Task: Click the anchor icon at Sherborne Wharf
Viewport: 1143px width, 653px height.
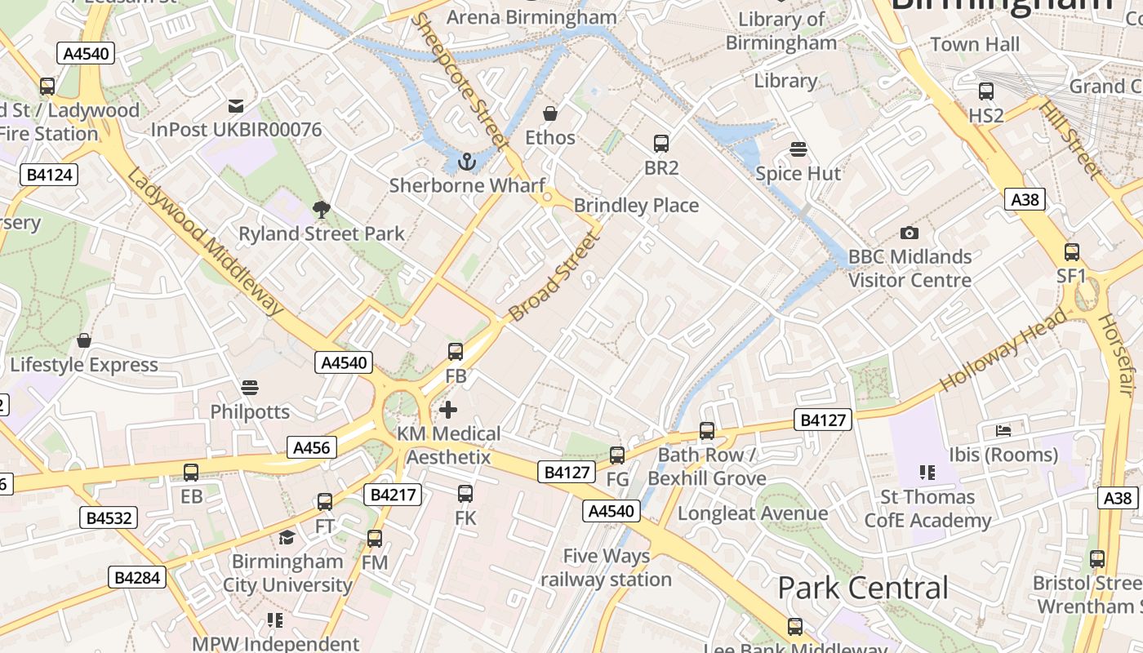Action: click(x=466, y=162)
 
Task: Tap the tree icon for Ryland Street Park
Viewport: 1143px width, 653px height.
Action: click(x=322, y=210)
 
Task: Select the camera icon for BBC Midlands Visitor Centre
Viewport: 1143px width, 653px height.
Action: click(x=909, y=233)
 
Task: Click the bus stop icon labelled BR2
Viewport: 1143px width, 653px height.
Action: click(x=661, y=144)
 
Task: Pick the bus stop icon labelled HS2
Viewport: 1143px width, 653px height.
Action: click(x=985, y=91)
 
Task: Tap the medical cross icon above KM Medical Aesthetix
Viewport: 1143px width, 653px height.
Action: click(x=448, y=409)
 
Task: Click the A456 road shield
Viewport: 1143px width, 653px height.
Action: click(x=311, y=447)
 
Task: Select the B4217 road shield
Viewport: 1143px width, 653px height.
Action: click(x=394, y=494)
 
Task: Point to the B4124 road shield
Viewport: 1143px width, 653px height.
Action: click(x=49, y=174)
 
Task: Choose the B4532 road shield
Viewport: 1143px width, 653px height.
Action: click(x=109, y=518)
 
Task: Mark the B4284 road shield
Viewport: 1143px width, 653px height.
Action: click(x=137, y=577)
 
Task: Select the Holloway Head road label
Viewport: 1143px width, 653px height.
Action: click(x=1003, y=351)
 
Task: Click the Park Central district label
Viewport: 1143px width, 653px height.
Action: click(x=862, y=588)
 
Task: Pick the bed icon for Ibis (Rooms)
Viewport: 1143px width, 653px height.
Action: click(x=1003, y=430)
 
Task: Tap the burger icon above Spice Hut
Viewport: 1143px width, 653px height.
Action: click(x=798, y=149)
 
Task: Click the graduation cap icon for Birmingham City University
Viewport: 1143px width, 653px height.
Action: click(x=287, y=537)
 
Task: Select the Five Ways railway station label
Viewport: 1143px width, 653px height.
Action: click(x=606, y=568)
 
